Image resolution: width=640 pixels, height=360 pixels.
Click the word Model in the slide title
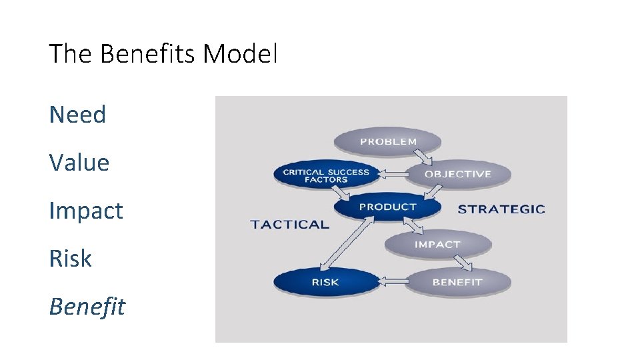pyautogui.click(x=239, y=54)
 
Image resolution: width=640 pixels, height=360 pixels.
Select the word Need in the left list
pyautogui.click(x=77, y=115)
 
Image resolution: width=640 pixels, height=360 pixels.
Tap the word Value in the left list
pyautogui.click(x=79, y=163)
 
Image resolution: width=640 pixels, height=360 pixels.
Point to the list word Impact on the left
pyautogui.click(x=86, y=211)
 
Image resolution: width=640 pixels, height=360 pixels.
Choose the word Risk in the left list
pyautogui.click(x=70, y=259)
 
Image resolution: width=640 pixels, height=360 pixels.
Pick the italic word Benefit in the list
pyautogui.click(x=87, y=307)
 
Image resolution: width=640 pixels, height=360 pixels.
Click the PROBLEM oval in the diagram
pyautogui.click(x=388, y=141)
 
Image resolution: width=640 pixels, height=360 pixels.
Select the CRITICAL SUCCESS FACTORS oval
pyautogui.click(x=326, y=175)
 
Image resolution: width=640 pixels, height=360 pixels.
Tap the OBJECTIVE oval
pyautogui.click(x=457, y=174)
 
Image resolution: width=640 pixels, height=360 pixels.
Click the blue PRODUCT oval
pyautogui.click(x=387, y=207)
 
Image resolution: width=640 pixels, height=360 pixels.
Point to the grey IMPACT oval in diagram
pyautogui.click(x=437, y=245)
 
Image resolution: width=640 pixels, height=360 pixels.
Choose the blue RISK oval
pyautogui.click(x=325, y=282)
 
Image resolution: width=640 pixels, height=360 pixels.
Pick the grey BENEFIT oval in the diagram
pyautogui.click(x=457, y=282)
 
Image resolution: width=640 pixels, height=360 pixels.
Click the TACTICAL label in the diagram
pyautogui.click(x=289, y=225)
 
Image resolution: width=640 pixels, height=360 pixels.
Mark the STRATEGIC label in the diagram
pyautogui.click(x=501, y=209)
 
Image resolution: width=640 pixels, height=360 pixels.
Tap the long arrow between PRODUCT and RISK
pyautogui.click(x=345, y=244)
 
